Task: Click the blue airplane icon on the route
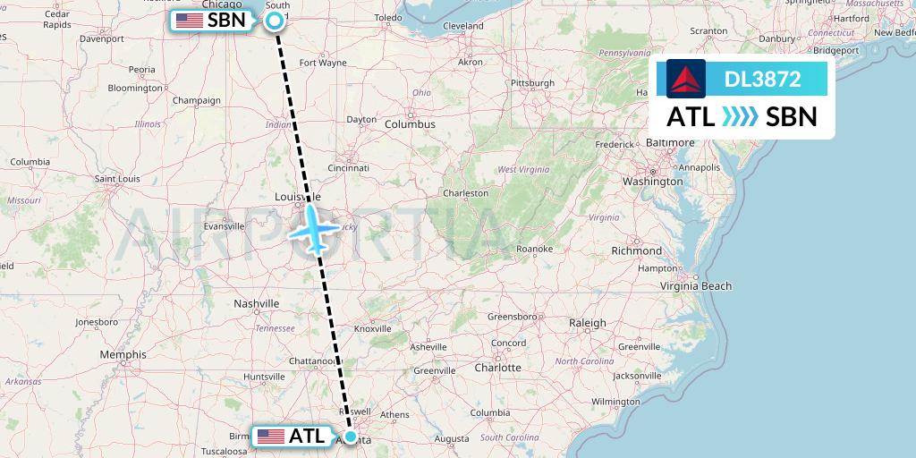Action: click(x=313, y=228)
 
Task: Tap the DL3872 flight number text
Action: click(x=763, y=79)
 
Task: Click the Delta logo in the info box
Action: click(x=686, y=79)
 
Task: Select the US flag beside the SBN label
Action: click(x=189, y=20)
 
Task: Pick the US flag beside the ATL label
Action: click(x=270, y=437)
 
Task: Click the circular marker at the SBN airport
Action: click(x=275, y=20)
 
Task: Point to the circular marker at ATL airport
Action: click(x=351, y=437)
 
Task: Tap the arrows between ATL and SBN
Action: click(x=740, y=117)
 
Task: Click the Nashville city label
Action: click(x=258, y=304)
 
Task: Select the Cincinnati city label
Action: click(x=349, y=167)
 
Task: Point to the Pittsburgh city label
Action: click(x=533, y=83)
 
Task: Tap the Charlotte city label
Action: click(x=497, y=368)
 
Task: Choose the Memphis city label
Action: click(x=123, y=354)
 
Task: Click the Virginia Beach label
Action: click(x=696, y=286)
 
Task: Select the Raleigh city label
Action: click(x=588, y=323)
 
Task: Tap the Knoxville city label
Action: click(x=373, y=328)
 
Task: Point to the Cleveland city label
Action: click(x=463, y=27)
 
